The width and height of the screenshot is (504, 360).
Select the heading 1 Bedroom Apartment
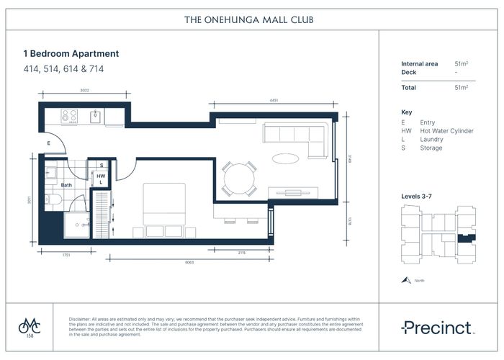click(x=71, y=54)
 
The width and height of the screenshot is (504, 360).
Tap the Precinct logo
click(x=438, y=328)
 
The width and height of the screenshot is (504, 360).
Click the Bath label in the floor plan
click(x=66, y=185)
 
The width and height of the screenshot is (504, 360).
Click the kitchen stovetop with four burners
click(x=69, y=115)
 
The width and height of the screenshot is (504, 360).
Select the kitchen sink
click(x=96, y=115)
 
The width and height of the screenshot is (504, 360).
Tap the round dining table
click(x=238, y=178)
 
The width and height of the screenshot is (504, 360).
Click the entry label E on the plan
click(x=48, y=143)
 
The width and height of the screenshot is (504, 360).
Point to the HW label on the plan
click(x=102, y=175)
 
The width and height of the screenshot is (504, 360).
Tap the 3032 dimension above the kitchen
click(x=85, y=91)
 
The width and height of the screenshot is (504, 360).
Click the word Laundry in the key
click(x=430, y=140)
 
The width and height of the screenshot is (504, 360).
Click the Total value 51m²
click(x=462, y=87)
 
